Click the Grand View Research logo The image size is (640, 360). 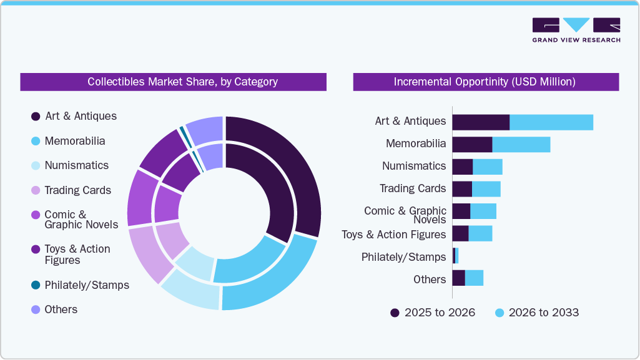tap(576, 30)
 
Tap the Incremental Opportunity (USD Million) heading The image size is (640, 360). tap(485, 82)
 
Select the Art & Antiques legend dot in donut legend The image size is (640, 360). tap(36, 116)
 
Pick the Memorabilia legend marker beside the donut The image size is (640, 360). tap(36, 141)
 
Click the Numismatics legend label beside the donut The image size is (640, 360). tap(76, 165)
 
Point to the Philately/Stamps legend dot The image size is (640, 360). tap(36, 285)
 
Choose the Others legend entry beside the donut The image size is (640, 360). tap(61, 309)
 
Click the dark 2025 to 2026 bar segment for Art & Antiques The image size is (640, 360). tap(481, 122)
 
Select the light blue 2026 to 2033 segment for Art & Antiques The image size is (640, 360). tap(551, 122)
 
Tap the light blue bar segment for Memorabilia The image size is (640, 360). tap(521, 144)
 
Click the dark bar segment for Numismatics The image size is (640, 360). tap(463, 167)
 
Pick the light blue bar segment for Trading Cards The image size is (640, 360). tap(486, 189)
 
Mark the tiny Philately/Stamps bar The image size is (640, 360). tap(455, 256)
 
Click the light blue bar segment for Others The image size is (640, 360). tap(474, 278)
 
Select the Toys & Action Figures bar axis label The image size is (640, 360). tap(393, 235)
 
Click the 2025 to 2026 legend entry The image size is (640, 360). tap(433, 313)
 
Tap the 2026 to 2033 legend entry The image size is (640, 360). tap(536, 313)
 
